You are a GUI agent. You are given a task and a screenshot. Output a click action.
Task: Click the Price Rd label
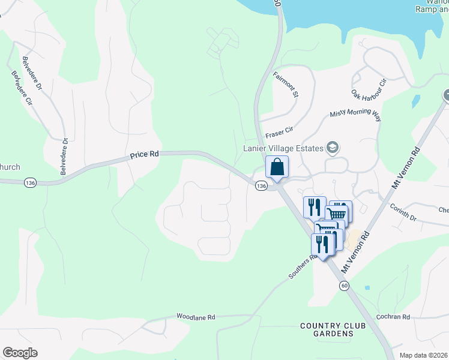[144, 155]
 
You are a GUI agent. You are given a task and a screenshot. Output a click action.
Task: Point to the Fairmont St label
[286, 84]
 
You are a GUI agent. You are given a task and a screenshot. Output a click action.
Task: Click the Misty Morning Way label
[355, 116]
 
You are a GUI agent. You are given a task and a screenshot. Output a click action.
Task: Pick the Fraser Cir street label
[280, 129]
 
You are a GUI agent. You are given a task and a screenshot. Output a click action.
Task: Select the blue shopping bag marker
[277, 167]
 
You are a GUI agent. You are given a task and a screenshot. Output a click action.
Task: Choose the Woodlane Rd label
[196, 316]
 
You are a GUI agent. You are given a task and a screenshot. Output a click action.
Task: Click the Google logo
[20, 353]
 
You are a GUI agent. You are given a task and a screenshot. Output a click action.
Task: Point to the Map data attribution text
[423, 355]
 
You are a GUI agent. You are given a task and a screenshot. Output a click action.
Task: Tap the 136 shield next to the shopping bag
[261, 187]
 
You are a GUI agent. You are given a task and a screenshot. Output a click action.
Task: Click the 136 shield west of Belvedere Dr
[29, 181]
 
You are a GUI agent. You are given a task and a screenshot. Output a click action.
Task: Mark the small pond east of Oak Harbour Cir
[416, 100]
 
